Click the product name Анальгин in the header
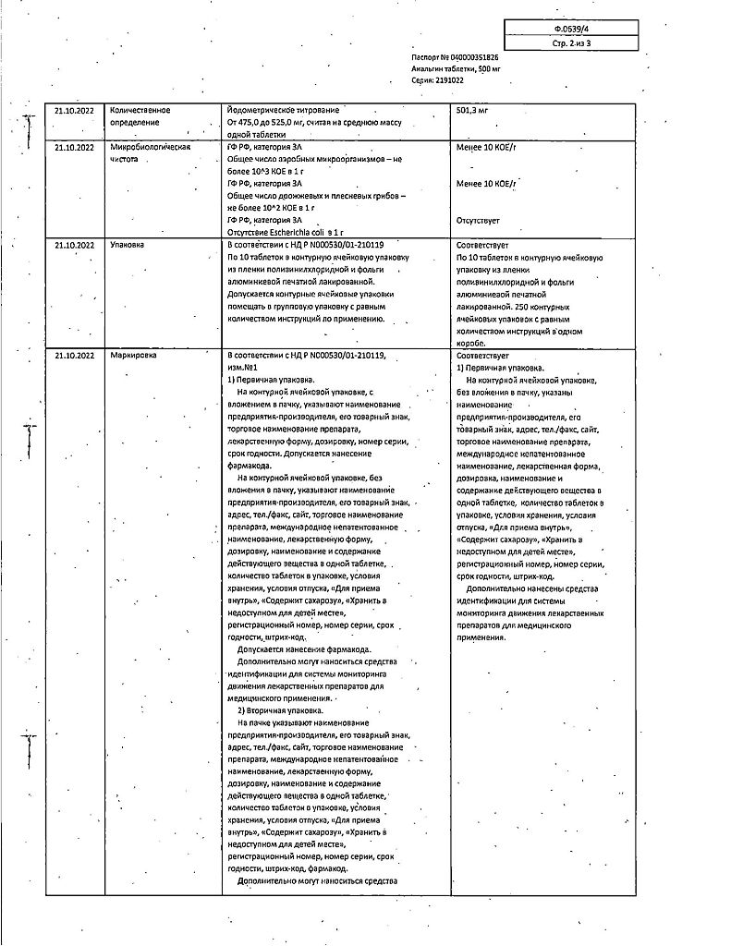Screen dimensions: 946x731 [x=429, y=68]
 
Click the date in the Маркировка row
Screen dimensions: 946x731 [x=74, y=355]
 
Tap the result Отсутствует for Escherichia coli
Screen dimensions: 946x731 [x=478, y=220]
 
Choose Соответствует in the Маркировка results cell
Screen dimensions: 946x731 [x=482, y=355]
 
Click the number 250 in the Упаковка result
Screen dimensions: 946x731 [x=519, y=305]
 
